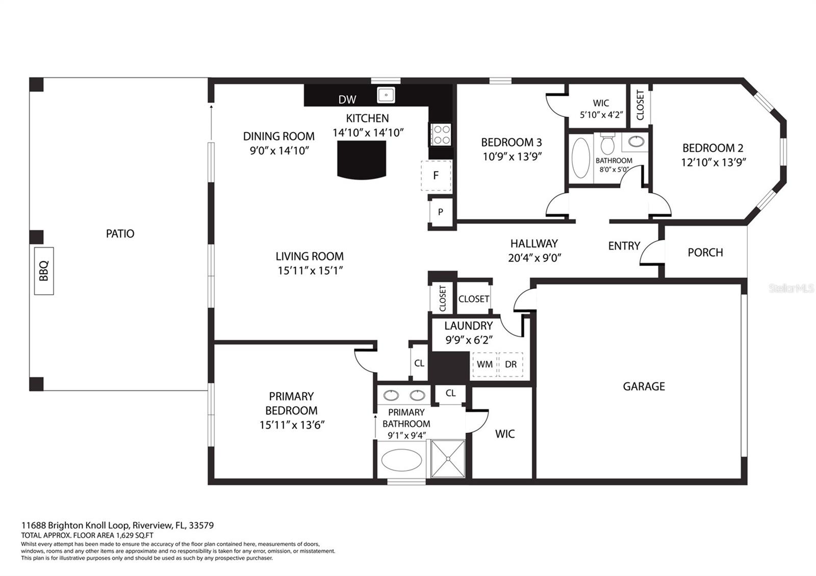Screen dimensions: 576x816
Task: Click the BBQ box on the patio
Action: coord(44,271)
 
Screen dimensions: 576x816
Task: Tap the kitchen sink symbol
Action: coord(386,95)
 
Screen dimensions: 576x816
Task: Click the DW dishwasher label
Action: coord(347,100)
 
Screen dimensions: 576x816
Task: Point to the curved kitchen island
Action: coord(362,160)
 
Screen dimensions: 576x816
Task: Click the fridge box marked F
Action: coord(436,175)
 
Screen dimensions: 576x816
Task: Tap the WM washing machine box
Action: coord(484,364)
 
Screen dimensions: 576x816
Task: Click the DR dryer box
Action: coord(511,364)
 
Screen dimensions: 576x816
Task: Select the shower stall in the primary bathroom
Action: coord(448,459)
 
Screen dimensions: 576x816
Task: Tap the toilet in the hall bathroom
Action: coord(607,144)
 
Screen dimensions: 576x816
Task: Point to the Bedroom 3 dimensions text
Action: coord(512,156)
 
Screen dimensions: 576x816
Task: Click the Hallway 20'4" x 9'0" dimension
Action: coord(534,258)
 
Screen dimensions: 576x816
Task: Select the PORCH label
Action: coord(705,252)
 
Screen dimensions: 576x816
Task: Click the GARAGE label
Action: coord(644,386)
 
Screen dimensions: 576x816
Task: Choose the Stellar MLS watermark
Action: coord(791,289)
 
